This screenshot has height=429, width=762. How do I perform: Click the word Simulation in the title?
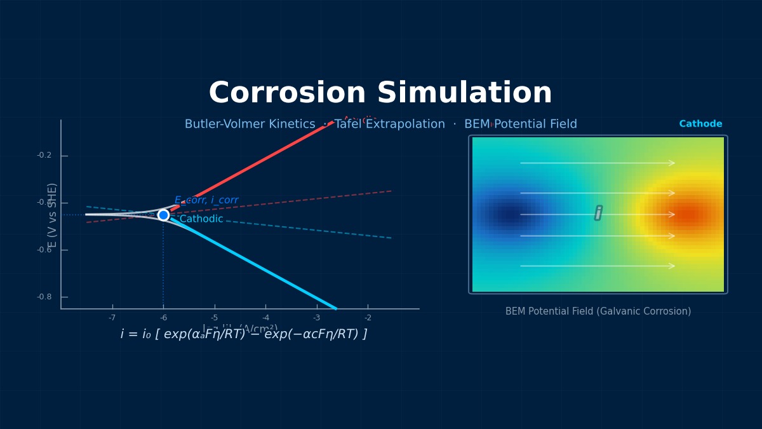[465, 93]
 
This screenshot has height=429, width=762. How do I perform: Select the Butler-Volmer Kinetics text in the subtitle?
[250, 125]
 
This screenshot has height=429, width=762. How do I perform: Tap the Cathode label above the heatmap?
[700, 124]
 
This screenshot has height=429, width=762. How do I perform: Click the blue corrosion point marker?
[163, 215]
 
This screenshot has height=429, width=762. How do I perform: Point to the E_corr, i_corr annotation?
[206, 200]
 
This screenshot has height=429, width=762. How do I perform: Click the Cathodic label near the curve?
[201, 219]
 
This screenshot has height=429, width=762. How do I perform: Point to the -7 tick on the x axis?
[112, 318]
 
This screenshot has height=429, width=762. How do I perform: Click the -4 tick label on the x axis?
[265, 318]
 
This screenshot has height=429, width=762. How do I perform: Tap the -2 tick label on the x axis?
[368, 318]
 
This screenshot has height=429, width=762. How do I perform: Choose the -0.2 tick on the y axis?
[44, 156]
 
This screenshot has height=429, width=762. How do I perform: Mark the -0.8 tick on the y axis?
[44, 297]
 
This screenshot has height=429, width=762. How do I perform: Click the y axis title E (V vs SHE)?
[53, 215]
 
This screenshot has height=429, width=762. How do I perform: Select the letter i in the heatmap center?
[598, 213]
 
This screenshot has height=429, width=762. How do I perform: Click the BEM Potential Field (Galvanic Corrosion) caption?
[598, 311]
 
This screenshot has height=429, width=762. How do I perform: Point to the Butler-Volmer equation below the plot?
[244, 334]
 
